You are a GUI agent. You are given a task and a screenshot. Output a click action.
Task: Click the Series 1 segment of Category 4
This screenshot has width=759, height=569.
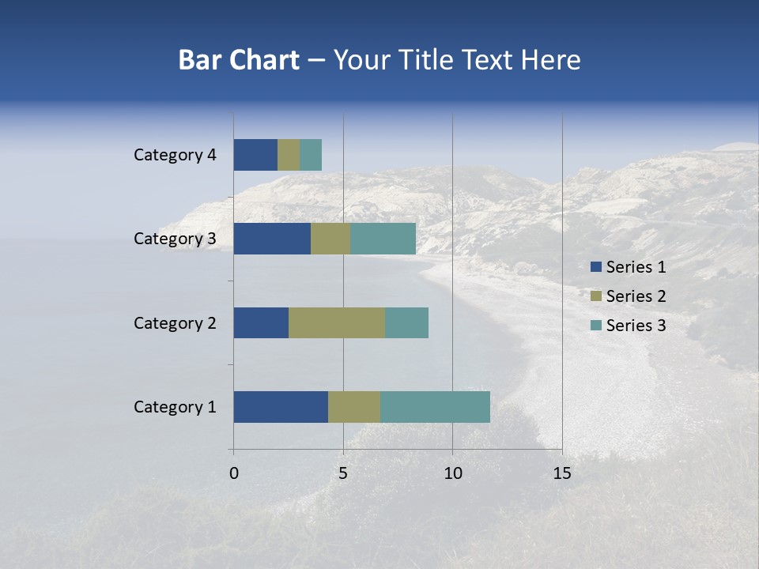255,155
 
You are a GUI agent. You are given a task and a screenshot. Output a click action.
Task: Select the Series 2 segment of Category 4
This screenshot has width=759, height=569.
289,155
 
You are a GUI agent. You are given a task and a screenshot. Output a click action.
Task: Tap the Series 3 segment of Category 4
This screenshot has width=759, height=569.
311,155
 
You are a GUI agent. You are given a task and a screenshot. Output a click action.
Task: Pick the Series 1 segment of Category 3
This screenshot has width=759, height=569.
272,239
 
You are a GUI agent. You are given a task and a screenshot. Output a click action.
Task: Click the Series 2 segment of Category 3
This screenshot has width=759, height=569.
330,239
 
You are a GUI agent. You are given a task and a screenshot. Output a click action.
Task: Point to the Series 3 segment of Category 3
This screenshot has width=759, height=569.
383,239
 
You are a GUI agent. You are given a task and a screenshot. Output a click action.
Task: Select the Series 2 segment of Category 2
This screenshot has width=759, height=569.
337,322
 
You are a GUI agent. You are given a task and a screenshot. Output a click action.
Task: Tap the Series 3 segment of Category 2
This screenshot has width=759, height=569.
406,322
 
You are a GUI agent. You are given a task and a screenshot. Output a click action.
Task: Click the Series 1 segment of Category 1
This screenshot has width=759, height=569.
281,407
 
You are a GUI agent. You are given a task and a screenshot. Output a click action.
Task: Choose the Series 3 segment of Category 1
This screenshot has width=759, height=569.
435,407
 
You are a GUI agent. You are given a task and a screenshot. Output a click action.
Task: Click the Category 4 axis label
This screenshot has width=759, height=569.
175,155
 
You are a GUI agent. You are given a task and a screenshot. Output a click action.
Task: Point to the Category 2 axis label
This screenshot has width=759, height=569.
175,322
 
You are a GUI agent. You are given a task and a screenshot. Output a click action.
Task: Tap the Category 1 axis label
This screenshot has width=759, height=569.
175,407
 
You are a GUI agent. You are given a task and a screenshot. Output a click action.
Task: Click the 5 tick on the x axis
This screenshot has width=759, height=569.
343,473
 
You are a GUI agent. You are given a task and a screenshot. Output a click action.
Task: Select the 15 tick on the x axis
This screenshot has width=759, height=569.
561,473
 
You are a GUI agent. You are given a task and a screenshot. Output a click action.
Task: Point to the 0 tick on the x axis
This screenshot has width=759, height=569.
234,473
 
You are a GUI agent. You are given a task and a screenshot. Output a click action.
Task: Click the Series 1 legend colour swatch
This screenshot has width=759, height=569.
595,267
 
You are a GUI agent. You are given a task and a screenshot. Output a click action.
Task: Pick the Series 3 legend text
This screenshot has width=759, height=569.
636,326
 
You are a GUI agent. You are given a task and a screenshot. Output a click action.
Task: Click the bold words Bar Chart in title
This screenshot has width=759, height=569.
239,60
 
